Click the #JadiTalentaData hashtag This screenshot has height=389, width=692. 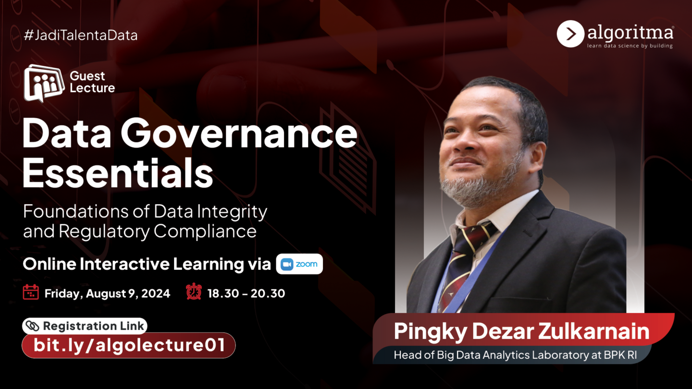pos(81,35)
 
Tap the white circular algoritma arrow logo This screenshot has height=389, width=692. pos(570,34)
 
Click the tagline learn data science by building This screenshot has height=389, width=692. pos(630,46)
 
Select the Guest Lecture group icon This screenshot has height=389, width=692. pos(44,83)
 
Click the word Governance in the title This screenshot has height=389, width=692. pos(239,134)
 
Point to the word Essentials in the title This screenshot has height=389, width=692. pos(118,172)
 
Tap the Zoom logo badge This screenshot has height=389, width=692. pos(299,264)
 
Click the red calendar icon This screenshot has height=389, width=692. pos(31,292)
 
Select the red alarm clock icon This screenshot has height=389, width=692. pos(194,291)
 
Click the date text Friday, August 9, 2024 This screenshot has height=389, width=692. pos(107,293)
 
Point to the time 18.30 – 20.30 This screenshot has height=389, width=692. pos(246,293)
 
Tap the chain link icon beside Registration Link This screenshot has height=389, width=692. pos(33,326)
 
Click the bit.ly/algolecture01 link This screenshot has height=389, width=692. pos(129,345)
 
